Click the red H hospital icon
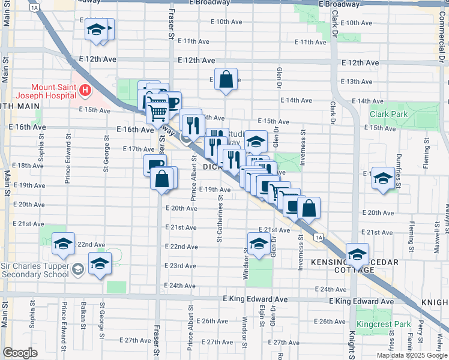pyautogui.click(x=85, y=91)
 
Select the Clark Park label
pyautogui.click(x=388, y=114)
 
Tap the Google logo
pyautogui.click(x=20, y=353)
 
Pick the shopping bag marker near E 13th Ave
pyautogui.click(x=226, y=80)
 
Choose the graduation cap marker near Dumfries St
pyautogui.click(x=383, y=178)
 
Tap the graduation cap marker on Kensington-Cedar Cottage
pyautogui.click(x=357, y=255)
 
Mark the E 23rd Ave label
pyautogui.click(x=182, y=266)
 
